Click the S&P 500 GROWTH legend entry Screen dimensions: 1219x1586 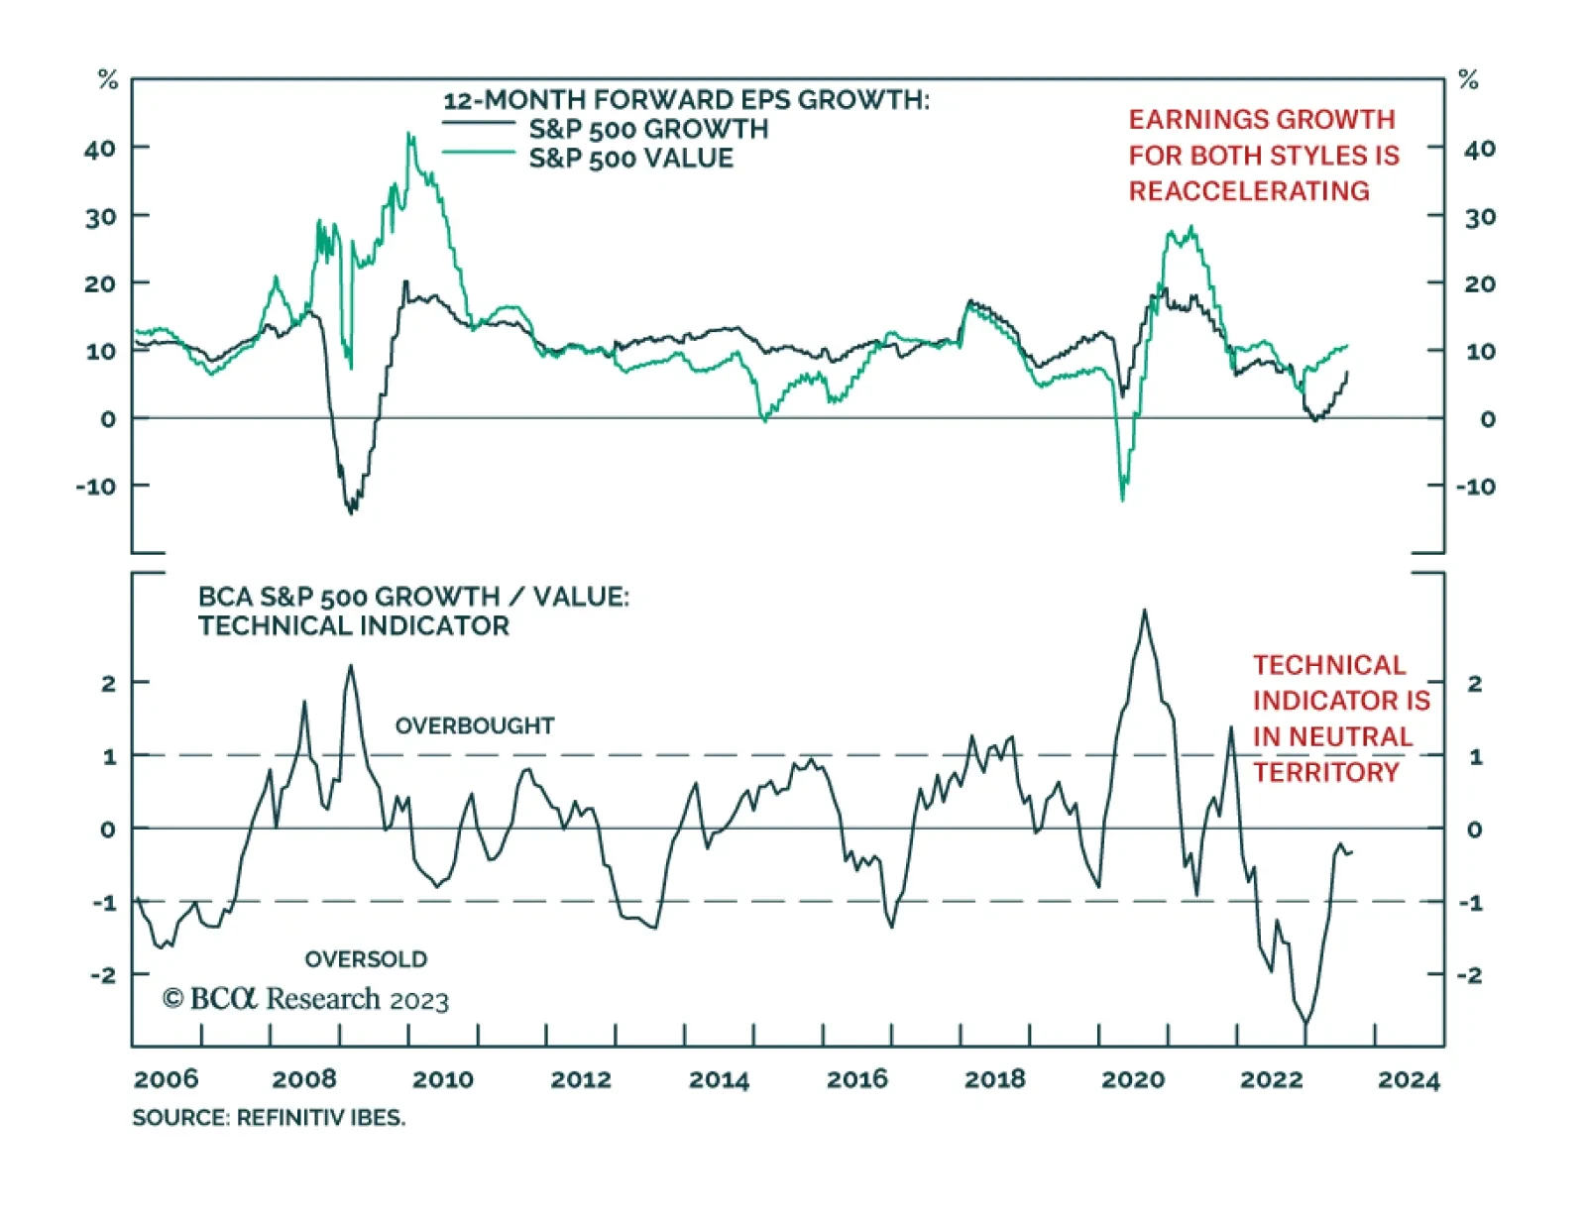[648, 129]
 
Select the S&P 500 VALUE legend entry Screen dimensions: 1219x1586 [630, 159]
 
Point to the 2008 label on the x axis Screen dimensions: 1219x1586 [304, 1078]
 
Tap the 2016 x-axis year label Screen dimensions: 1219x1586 [857, 1078]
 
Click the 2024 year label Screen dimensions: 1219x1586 [1409, 1078]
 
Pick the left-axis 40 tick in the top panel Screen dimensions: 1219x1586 [100, 149]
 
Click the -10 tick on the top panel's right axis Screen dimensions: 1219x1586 [1475, 487]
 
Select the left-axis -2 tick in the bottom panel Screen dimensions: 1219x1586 [103, 975]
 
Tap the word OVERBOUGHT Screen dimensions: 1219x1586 [475, 725]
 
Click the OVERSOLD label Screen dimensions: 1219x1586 [366, 959]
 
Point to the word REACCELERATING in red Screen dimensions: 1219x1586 [1249, 191]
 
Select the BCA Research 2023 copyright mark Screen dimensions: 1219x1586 [305, 999]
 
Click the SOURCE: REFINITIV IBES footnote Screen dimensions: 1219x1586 [269, 1118]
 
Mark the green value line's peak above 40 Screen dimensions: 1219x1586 [409, 133]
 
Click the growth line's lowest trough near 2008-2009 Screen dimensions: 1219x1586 [352, 512]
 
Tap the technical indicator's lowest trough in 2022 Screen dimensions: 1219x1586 [1305, 1024]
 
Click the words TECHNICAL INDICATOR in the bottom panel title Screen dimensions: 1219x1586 [353, 626]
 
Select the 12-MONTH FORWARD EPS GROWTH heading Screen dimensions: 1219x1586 [686, 100]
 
